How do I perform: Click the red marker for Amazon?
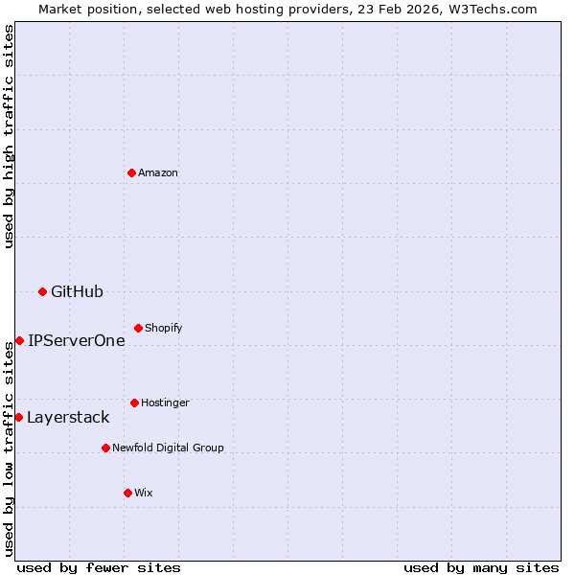coord(131,172)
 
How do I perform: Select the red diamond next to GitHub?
coord(42,291)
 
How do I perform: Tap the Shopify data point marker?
coord(138,328)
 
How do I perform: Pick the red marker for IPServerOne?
coord(19,340)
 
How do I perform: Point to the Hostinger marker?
coord(134,402)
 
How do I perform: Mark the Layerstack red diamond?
coord(18,417)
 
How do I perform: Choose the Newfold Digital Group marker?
coord(105,448)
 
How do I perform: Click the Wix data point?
coord(127,493)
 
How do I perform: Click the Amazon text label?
coord(158,172)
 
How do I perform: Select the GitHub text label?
coord(77,291)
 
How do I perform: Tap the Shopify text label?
coord(164,328)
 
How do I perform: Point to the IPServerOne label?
coord(76,340)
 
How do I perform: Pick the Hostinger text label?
coord(165,402)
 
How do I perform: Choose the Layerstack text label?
coord(68,417)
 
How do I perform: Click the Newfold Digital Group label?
coord(168,448)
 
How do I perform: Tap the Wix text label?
coord(144,493)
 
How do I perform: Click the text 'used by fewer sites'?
coord(99,567)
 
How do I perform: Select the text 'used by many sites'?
coord(481,567)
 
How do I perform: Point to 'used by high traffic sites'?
coord(9,136)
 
